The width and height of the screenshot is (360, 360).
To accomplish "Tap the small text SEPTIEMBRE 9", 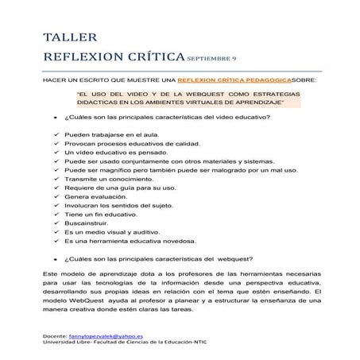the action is click(x=214, y=59).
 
